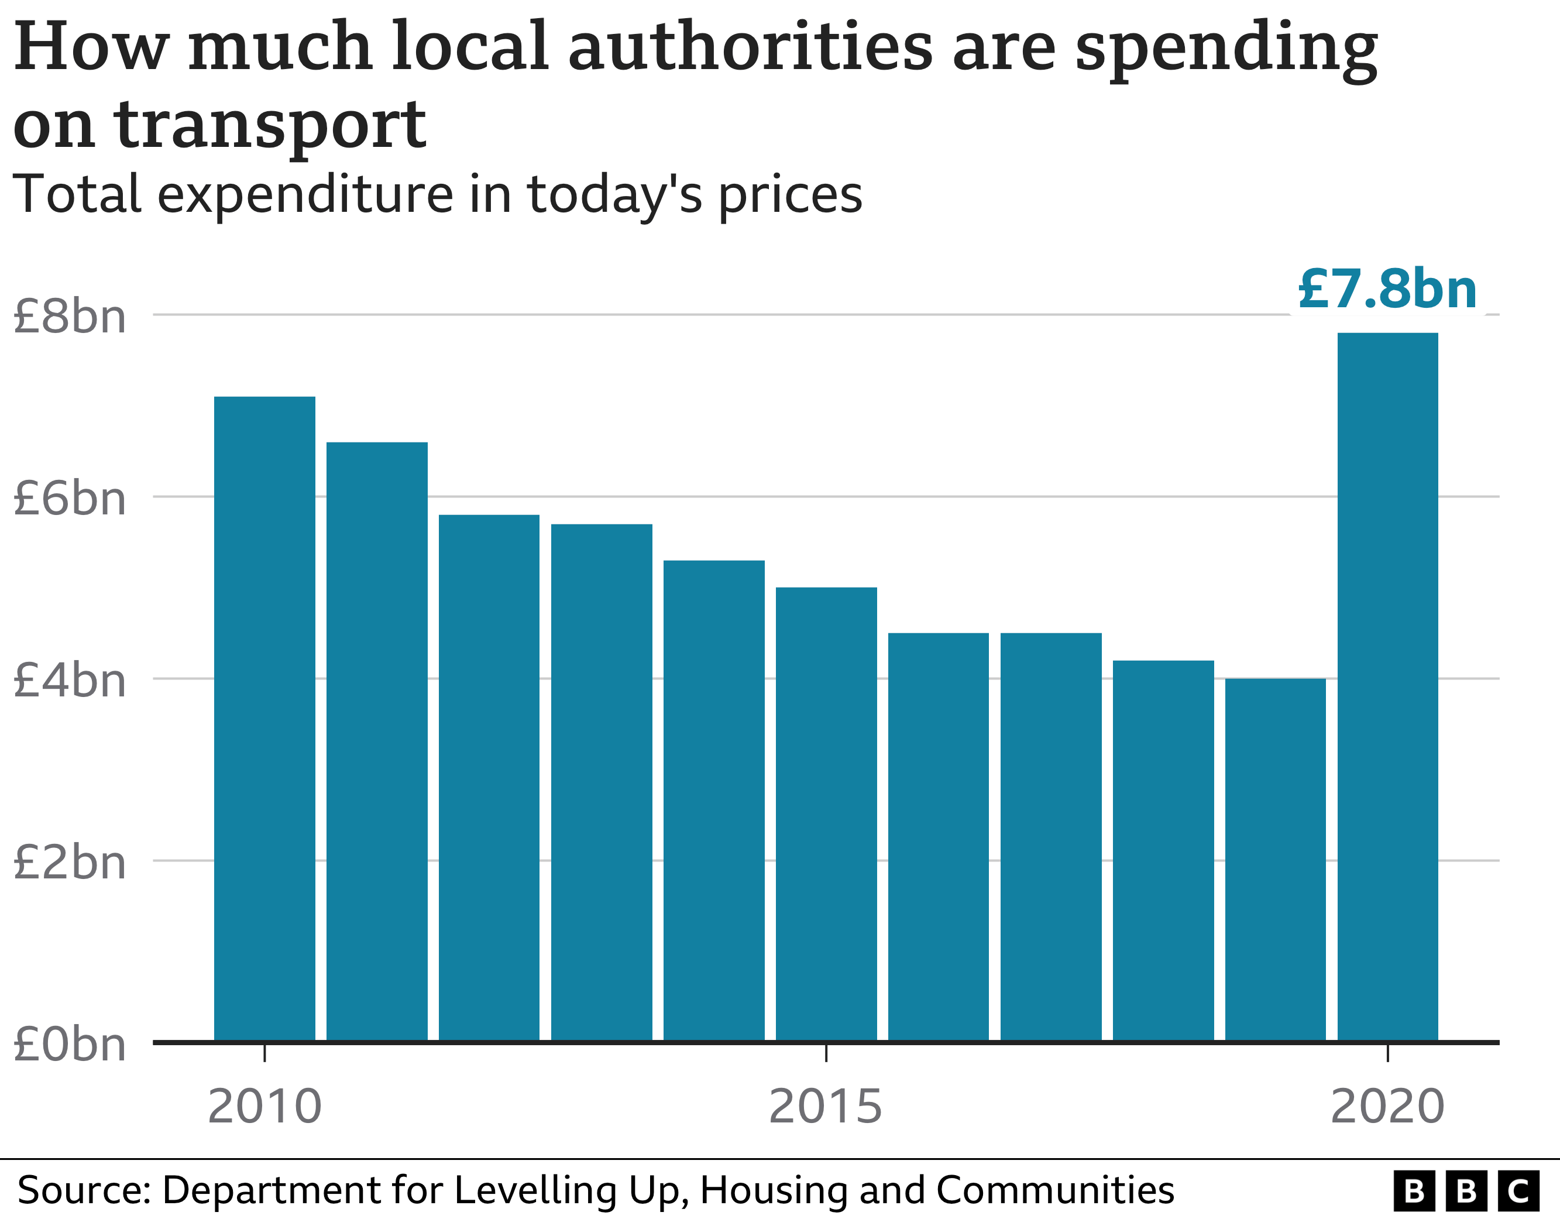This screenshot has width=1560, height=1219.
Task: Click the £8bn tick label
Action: click(x=69, y=316)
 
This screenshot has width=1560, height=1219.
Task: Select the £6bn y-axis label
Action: click(x=69, y=498)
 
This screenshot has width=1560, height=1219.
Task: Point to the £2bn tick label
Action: click(x=69, y=863)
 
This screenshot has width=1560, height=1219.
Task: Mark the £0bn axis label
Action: click(x=69, y=1045)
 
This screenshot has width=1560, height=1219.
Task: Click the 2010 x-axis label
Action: click(x=264, y=1107)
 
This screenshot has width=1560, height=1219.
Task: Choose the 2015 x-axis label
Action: click(x=826, y=1107)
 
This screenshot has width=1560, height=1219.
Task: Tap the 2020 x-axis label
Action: click(x=1387, y=1107)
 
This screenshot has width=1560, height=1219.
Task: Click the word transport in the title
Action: click(x=271, y=126)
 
